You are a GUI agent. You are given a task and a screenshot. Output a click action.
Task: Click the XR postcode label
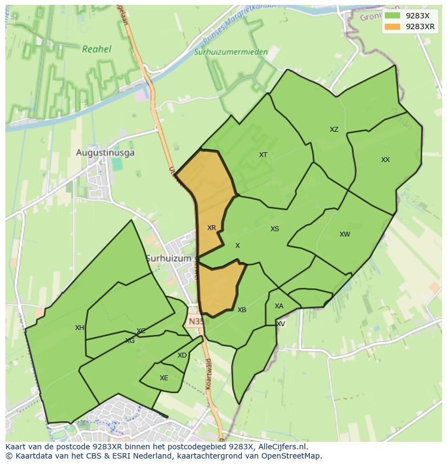tap(212, 228)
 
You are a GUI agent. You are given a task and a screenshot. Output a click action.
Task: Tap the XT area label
tap(263, 155)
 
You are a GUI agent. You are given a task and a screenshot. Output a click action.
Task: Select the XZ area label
tap(334, 130)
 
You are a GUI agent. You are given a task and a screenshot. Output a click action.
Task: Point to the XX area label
tap(385, 160)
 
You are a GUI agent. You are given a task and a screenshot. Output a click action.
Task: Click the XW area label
tap(344, 234)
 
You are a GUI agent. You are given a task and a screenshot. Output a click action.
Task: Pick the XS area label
tap(275, 229)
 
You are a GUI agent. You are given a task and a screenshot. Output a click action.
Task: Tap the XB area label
tap(242, 310)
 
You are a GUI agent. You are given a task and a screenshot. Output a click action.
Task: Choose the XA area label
tap(279, 306)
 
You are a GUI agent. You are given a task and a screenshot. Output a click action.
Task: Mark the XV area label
tap(281, 324)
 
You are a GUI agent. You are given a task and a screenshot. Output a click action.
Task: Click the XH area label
tap(79, 328)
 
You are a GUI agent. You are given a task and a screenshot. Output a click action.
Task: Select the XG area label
tap(130, 341)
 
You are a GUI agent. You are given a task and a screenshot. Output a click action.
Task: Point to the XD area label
tap(182, 355)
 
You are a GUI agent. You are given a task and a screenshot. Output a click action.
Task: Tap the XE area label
tap(164, 378)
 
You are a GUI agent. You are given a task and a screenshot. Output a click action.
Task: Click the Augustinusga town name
tap(105, 153)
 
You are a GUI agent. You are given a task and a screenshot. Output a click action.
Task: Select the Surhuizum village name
tap(168, 259)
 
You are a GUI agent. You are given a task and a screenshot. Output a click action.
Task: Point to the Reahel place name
tap(97, 49)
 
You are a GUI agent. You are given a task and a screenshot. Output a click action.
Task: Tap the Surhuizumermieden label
tap(231, 52)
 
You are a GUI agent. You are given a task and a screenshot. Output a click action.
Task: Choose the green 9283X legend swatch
tap(392, 16)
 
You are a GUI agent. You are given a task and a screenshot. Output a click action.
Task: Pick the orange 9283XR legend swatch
tap(392, 26)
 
